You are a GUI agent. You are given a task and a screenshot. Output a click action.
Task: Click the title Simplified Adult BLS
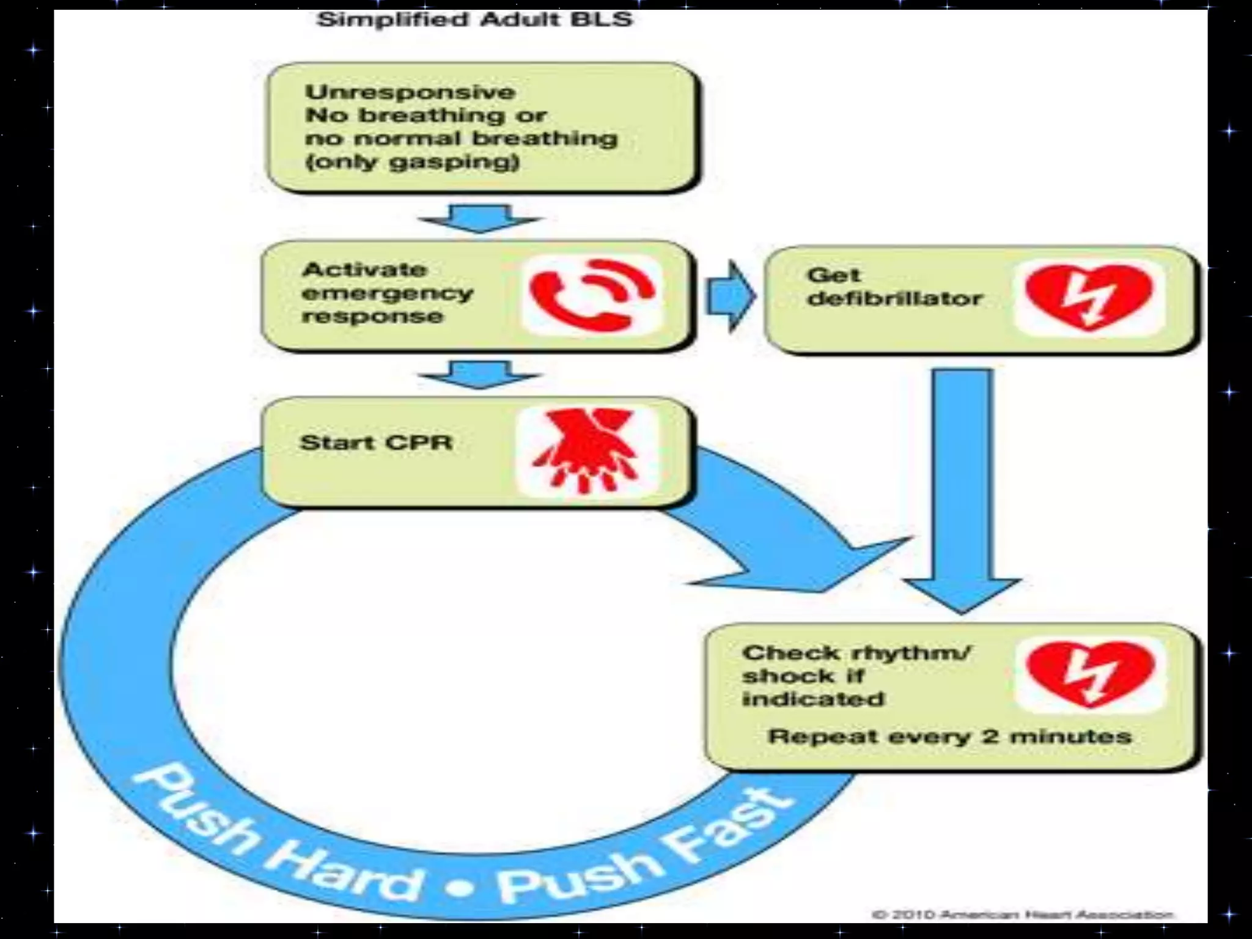pyautogui.click(x=474, y=20)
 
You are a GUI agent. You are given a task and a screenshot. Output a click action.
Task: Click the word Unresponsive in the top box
pyautogui.click(x=410, y=92)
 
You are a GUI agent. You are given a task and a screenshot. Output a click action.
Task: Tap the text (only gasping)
pyautogui.click(x=412, y=162)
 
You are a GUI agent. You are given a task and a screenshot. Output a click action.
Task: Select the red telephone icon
pyautogui.click(x=591, y=296)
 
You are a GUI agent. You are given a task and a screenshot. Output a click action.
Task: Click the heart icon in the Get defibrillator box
pyautogui.click(x=1089, y=297)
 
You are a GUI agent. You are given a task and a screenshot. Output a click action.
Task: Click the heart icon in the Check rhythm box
pyautogui.click(x=1091, y=674)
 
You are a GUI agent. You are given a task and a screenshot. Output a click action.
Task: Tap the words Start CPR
pyautogui.click(x=376, y=443)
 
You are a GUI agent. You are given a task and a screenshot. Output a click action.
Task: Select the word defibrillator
pyautogui.click(x=894, y=298)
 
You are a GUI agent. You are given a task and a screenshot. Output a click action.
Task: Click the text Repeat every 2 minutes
pyautogui.click(x=949, y=736)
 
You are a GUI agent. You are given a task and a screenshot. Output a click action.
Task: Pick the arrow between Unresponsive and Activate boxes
pyautogui.click(x=479, y=218)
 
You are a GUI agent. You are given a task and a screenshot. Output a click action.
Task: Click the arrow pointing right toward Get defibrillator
pyautogui.click(x=731, y=296)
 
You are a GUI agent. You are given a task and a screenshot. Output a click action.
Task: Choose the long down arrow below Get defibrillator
pyautogui.click(x=962, y=489)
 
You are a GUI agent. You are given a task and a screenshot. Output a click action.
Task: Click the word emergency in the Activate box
pyautogui.click(x=388, y=293)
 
